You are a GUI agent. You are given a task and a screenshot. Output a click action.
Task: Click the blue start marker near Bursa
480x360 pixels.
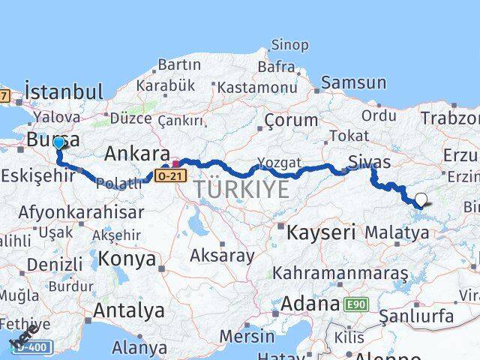pos(58,142)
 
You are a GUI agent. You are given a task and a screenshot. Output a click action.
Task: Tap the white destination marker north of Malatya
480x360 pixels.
pos(421,199)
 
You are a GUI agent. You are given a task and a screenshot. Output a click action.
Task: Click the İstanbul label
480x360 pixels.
pos(64,91)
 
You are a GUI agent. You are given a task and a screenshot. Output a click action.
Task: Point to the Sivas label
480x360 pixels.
pos(370,161)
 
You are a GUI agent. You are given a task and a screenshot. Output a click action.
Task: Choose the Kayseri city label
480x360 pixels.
pos(321,232)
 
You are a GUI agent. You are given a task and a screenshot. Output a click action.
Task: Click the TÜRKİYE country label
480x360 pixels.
pos(241,190)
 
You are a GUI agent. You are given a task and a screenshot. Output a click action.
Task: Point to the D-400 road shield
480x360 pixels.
pos(33,346)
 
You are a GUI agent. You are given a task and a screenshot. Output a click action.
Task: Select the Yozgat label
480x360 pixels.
pos(279,162)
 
